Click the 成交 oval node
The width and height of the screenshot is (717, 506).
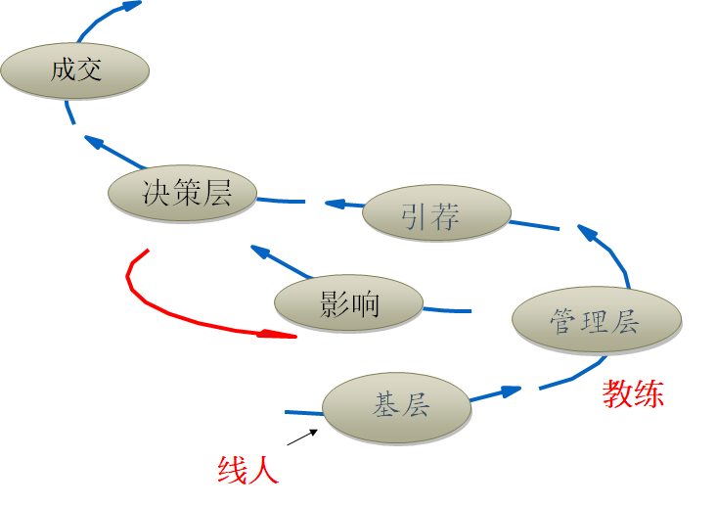[75, 70]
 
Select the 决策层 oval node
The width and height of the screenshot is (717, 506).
[184, 193]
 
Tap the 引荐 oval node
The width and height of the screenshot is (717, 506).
[436, 216]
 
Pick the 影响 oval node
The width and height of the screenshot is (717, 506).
[349, 304]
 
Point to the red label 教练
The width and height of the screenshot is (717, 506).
[633, 393]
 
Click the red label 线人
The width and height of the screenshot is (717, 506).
[247, 471]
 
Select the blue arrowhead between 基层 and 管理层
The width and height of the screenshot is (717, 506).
[509, 391]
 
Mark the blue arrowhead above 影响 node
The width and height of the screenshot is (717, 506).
[261, 252]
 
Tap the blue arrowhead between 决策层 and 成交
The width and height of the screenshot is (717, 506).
[94, 143]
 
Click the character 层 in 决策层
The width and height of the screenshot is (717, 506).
[216, 193]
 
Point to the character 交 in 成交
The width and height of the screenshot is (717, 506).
[90, 70]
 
